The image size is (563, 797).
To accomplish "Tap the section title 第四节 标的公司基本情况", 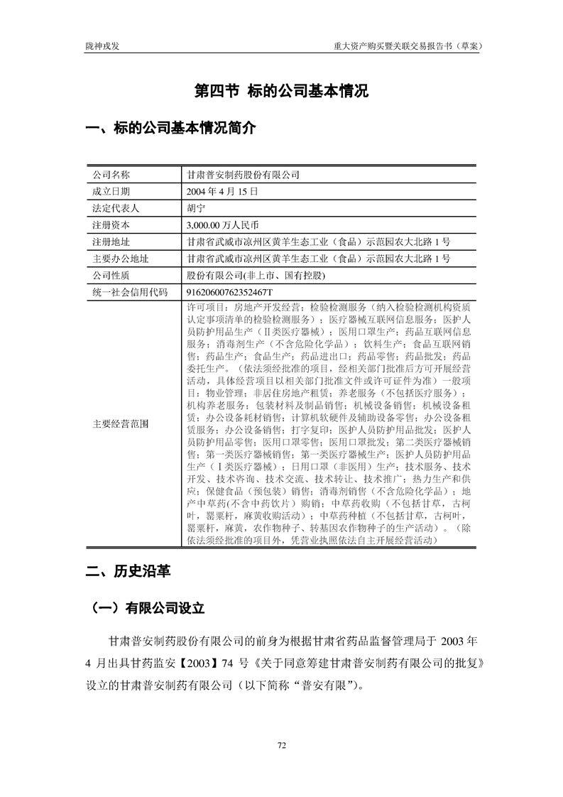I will (281, 92).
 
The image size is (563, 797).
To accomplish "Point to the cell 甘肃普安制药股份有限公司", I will (243, 175).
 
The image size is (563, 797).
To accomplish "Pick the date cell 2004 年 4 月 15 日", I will (222, 191).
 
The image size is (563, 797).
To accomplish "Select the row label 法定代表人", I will (116, 208).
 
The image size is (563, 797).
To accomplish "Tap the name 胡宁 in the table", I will (195, 208).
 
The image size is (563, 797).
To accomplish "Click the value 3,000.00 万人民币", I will (224, 225).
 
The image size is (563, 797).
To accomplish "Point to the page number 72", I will (281, 745).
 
